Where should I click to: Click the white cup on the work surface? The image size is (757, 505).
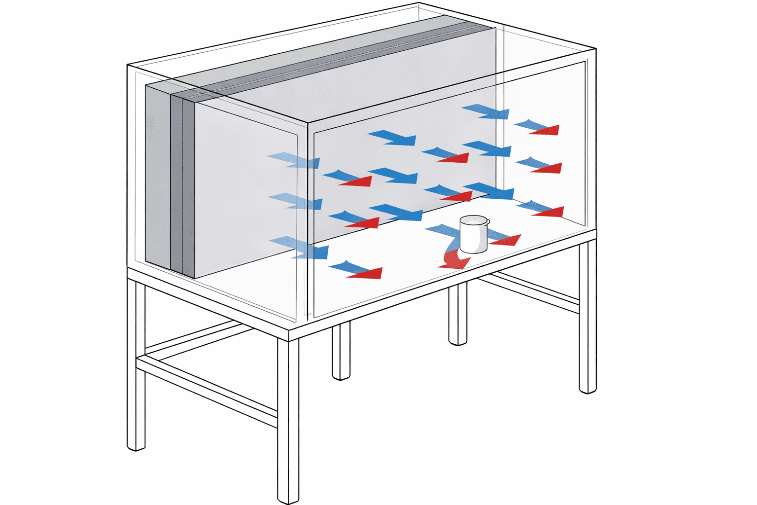pos(473,237)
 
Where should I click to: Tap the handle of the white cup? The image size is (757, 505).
pos(487,223)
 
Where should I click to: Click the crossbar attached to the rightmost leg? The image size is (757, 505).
pos(530,293)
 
